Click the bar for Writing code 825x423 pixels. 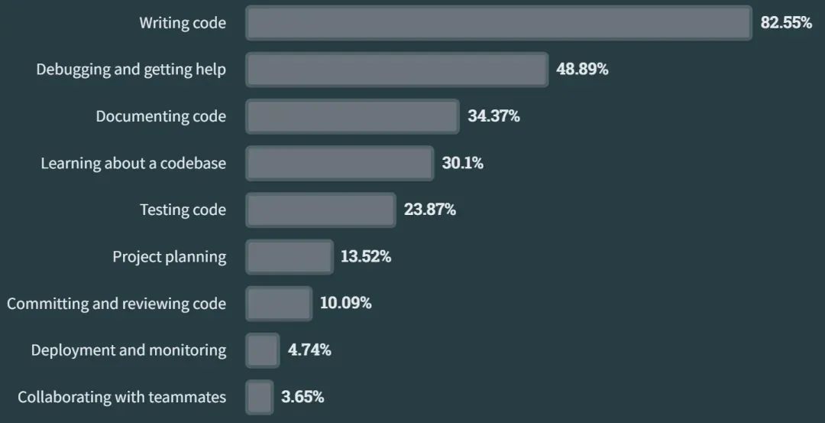(x=498, y=23)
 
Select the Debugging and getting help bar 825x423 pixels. (x=396, y=70)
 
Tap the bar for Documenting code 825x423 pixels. (x=352, y=116)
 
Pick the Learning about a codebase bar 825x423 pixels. (x=339, y=163)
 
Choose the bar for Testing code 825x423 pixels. (x=321, y=210)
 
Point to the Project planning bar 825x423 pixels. (x=290, y=256)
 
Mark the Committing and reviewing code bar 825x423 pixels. (x=279, y=303)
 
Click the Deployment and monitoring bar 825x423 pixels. (x=263, y=350)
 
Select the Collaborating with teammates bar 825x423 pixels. (x=260, y=397)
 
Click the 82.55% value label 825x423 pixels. (x=786, y=23)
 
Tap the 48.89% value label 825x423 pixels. (x=582, y=70)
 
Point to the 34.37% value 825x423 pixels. (x=493, y=116)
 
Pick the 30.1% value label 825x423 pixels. (x=462, y=163)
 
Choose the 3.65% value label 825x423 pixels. (x=302, y=397)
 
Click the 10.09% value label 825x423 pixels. (x=345, y=303)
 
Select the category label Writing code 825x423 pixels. (x=183, y=23)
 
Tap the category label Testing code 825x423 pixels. (x=183, y=210)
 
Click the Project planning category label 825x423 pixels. (x=170, y=256)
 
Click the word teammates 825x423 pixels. (x=189, y=397)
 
